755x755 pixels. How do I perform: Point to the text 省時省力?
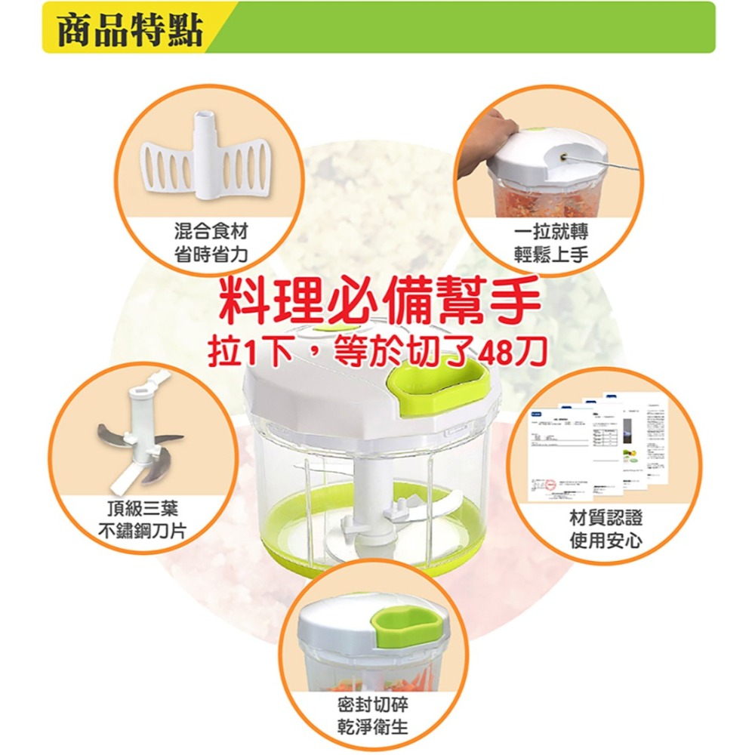(x=210, y=254)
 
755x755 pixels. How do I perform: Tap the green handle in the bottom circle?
(x=407, y=624)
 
